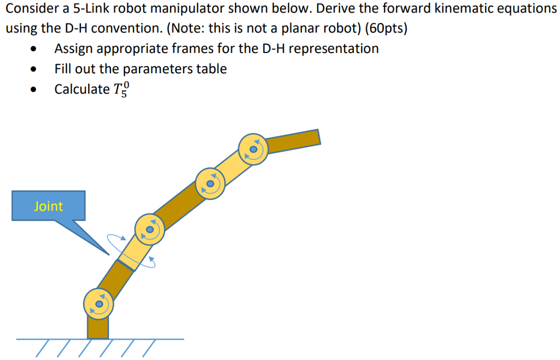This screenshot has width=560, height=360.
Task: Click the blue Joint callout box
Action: tap(48, 206)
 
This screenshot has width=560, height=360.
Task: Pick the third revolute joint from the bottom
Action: tap(209, 183)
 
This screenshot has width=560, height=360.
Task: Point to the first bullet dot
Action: tap(34, 49)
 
